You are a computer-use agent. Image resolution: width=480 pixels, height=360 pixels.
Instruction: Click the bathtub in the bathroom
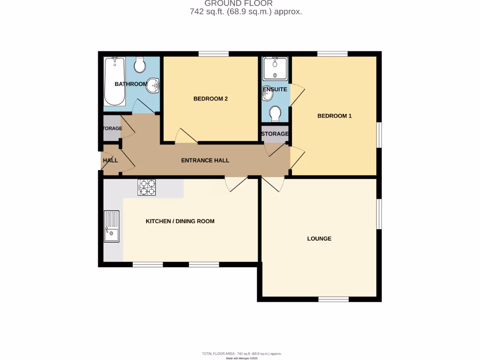[114, 82]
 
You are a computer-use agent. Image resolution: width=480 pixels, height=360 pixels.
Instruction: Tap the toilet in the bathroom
[140, 65]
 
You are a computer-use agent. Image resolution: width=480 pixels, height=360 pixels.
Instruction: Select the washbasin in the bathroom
[153, 86]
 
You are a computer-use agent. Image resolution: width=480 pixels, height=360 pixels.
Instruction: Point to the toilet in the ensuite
[275, 113]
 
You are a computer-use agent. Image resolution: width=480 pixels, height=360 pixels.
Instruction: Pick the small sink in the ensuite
[268, 94]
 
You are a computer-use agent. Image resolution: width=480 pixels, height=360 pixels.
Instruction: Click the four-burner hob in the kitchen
[146, 187]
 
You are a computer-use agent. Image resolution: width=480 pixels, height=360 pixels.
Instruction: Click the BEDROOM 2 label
[210, 99]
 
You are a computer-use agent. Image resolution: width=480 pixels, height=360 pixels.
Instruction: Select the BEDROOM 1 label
[334, 116]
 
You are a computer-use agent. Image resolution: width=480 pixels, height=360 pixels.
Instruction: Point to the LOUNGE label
[319, 239]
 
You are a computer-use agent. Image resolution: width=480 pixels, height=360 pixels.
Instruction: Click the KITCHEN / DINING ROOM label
[180, 221]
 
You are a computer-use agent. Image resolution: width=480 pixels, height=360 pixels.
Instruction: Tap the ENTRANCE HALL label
[205, 160]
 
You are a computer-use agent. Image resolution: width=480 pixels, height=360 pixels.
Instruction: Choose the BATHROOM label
[131, 84]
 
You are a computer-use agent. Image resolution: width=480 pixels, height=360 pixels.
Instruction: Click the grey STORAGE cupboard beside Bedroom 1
[275, 134]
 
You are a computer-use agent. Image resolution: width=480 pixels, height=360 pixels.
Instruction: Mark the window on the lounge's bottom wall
[333, 299]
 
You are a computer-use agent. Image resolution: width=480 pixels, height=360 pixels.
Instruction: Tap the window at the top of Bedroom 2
[213, 54]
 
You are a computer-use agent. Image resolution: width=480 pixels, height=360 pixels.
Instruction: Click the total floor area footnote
[242, 353]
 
